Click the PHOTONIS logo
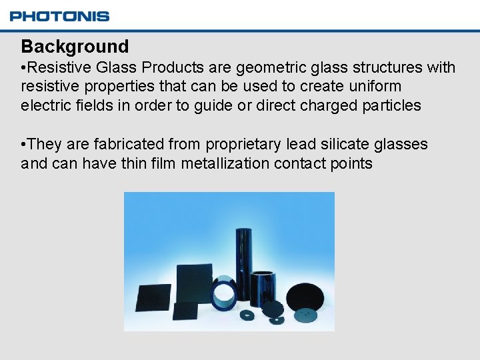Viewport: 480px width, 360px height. (x=60, y=16)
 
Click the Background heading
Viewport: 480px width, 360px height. (x=75, y=47)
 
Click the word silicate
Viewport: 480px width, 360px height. (x=357, y=144)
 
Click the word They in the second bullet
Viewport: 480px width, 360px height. (x=45, y=144)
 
